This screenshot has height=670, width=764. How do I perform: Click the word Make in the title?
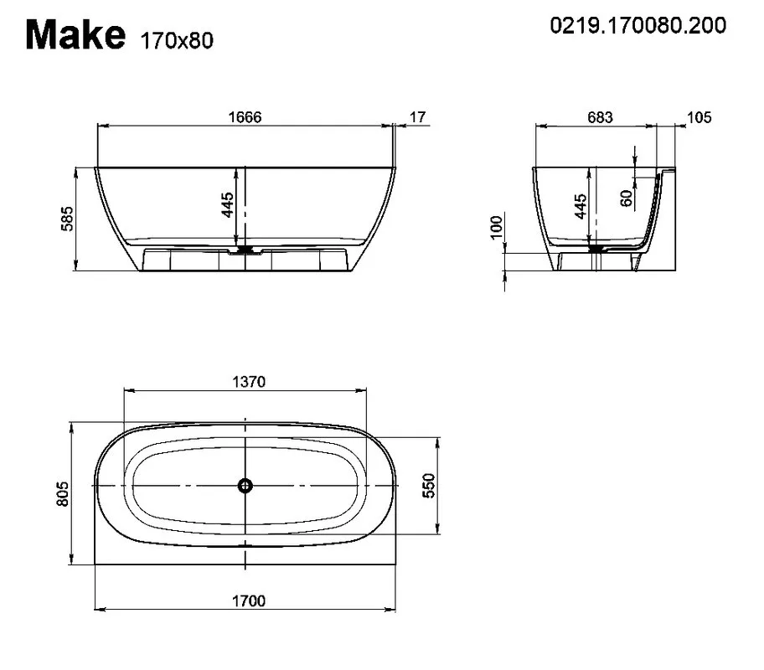pos(75,34)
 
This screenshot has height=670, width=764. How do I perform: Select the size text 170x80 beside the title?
pos(177,41)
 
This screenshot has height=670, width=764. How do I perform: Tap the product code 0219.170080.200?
pos(638,25)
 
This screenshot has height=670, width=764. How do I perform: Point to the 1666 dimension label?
pos(245,117)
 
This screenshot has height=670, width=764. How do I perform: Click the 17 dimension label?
pos(417,117)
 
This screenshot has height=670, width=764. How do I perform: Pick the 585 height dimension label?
pos(67,219)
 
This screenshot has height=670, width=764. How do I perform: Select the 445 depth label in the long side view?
pos(227,204)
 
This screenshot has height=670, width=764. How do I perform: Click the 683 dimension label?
pos(600,117)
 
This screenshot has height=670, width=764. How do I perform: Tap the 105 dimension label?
pos(699,117)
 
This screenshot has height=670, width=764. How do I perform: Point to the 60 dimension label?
pos(627,198)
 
